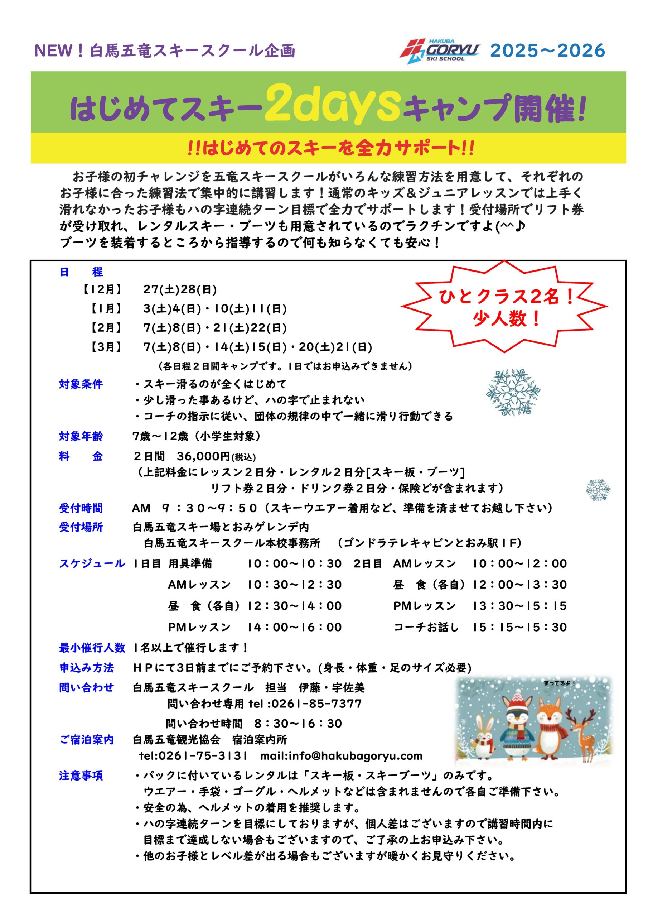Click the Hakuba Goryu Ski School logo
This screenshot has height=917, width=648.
(x=439, y=51)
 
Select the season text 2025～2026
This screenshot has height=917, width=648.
(x=547, y=51)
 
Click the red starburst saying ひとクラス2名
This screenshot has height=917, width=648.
(x=505, y=307)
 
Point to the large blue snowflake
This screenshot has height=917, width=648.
(x=513, y=392)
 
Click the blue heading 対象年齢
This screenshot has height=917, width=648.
(x=81, y=436)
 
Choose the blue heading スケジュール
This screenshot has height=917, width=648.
(x=92, y=563)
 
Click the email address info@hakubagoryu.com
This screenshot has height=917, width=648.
(x=356, y=756)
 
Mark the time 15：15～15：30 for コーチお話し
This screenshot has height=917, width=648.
(x=519, y=627)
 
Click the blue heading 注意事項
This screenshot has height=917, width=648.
(x=81, y=776)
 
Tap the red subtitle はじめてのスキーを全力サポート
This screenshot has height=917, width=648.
(x=332, y=149)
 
